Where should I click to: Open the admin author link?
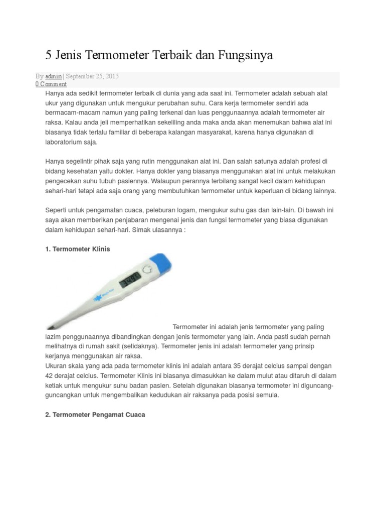(x=54, y=76)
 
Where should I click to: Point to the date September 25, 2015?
(x=92, y=76)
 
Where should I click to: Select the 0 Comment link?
(x=51, y=84)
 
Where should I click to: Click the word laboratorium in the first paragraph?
(x=68, y=142)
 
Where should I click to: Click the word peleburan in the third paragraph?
(x=170, y=210)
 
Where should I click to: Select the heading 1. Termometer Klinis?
(x=78, y=249)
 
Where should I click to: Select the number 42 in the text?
(x=49, y=375)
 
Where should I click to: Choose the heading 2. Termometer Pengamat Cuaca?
(x=95, y=415)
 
